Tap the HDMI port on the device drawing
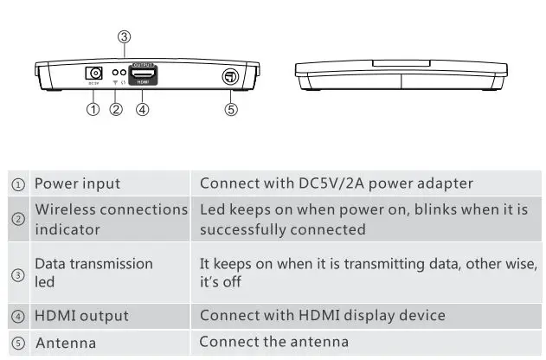(x=143, y=76)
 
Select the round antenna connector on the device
(x=231, y=77)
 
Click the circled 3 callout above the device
(x=125, y=36)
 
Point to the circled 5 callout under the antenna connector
(x=231, y=110)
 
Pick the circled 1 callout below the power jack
(x=93, y=110)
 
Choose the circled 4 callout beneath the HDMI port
(x=143, y=110)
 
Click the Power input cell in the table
(x=77, y=183)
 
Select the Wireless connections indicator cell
(x=111, y=219)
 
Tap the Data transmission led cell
(x=93, y=273)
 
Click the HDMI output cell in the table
(x=81, y=316)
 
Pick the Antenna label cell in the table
(x=66, y=344)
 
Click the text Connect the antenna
(x=273, y=342)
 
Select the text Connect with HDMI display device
(x=322, y=315)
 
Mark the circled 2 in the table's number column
(x=18, y=219)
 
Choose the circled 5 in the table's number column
(x=18, y=344)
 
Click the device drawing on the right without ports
(x=401, y=74)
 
